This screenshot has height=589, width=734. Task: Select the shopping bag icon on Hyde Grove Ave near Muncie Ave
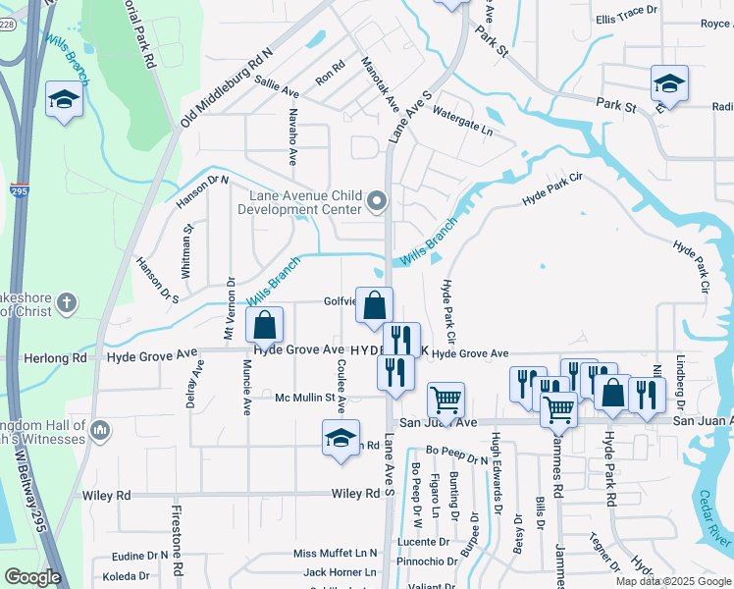point(265,325)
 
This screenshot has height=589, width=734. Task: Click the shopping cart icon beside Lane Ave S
point(446,400)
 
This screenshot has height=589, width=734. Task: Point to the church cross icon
point(67,302)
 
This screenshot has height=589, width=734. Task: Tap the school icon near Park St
point(668,83)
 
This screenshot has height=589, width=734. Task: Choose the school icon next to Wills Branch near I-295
point(64,100)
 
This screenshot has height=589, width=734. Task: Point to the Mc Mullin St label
point(305,398)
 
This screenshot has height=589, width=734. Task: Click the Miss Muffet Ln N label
point(335,554)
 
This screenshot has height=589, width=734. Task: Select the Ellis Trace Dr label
point(625,19)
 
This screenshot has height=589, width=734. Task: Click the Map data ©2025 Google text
point(672,581)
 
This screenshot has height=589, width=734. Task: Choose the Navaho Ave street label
point(291,136)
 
